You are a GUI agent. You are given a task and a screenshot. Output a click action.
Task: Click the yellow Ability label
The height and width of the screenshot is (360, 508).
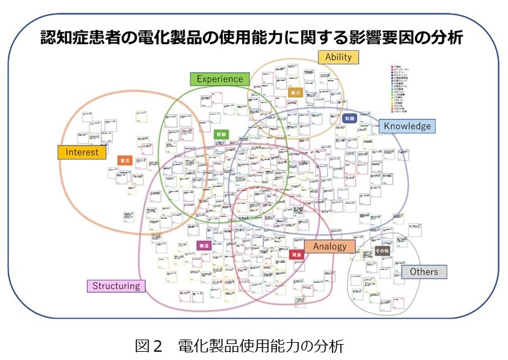tap(338, 57)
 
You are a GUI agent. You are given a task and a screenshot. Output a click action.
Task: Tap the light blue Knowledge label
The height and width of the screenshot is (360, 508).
tap(407, 126)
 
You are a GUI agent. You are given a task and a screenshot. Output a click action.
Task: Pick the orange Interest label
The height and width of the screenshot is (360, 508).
tap(82, 152)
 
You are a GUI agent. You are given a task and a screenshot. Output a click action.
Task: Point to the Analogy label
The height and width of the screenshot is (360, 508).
tap(329, 246)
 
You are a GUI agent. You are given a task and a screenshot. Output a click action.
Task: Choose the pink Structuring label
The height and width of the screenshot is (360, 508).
tap(116, 285)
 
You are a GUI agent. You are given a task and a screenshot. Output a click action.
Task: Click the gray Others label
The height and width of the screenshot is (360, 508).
tap(424, 272)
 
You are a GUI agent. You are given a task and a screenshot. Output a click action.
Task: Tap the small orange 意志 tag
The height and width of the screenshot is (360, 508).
tap(126, 161)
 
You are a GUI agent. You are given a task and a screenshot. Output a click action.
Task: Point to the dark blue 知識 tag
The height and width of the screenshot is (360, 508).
tap(349, 119)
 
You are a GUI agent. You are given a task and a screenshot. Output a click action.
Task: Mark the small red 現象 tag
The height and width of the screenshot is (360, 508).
tap(295, 254)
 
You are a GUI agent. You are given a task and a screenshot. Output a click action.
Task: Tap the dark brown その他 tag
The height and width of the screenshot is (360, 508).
tap(382, 251)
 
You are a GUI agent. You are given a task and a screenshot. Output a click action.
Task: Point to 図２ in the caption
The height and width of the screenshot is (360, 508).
tap(150, 346)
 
